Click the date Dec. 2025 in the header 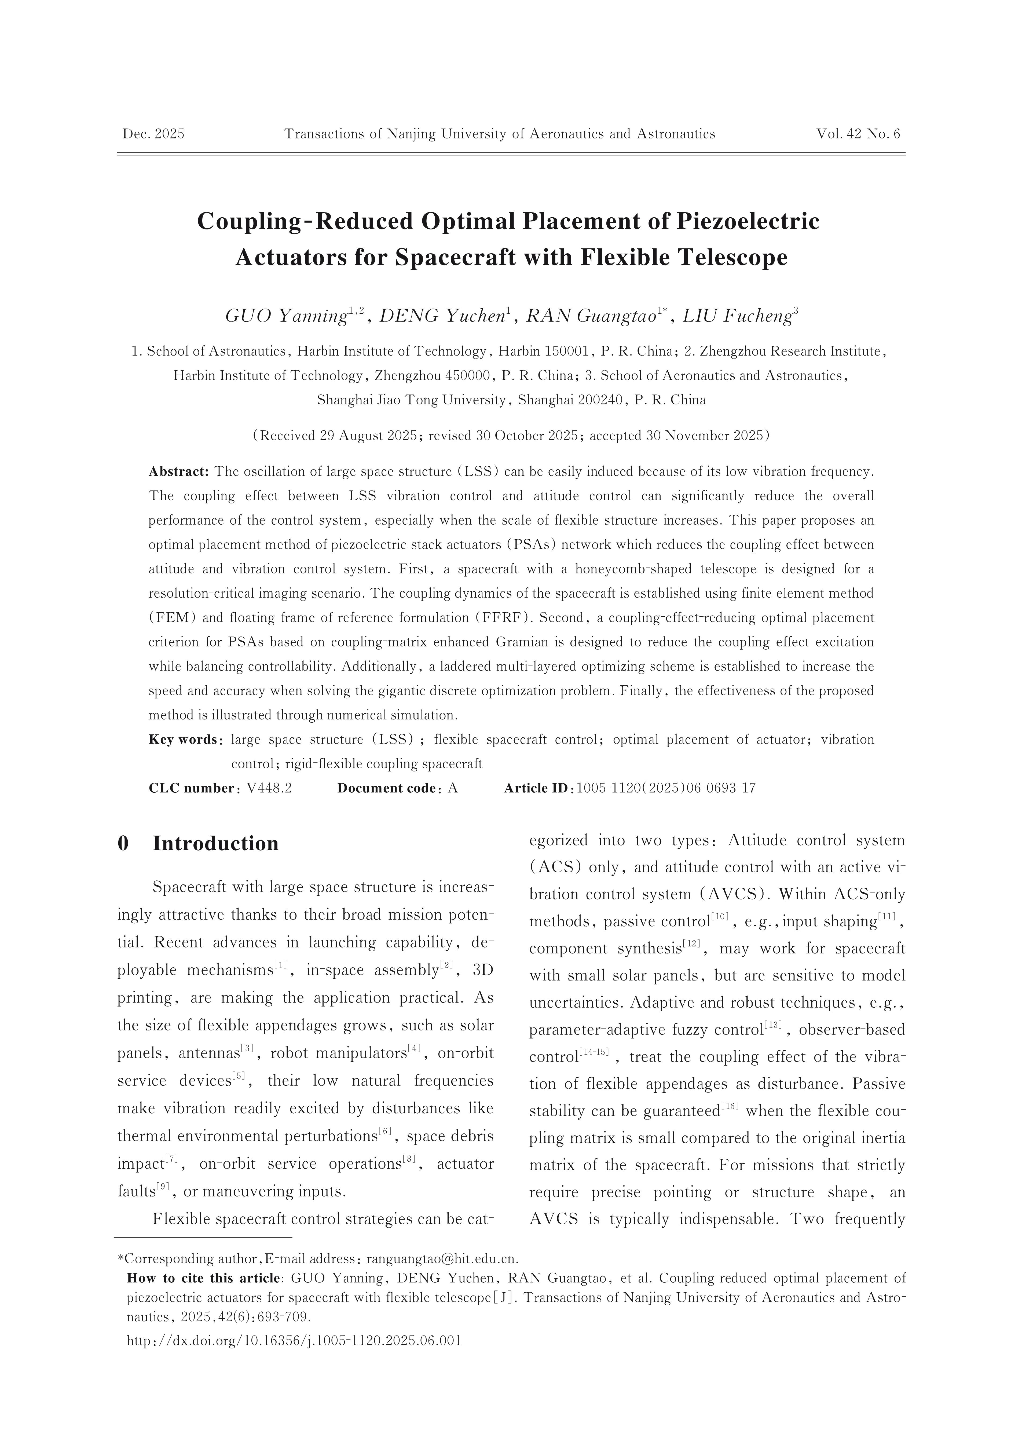[153, 134]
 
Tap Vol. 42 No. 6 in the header [858, 134]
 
